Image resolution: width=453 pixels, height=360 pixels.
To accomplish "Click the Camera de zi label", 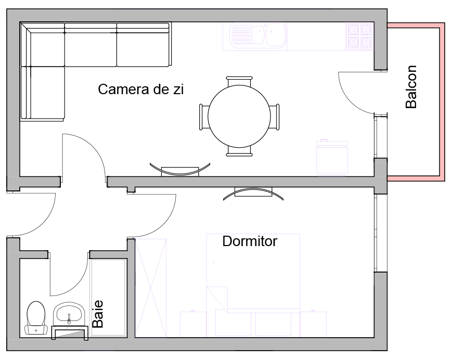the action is [x=141, y=89].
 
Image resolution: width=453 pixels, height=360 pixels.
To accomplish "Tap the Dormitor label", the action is [x=250, y=241].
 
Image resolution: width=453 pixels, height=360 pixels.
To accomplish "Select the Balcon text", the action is [x=411, y=87].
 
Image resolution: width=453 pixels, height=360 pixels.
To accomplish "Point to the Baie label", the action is [x=98, y=314].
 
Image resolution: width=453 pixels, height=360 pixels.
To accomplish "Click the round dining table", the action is [x=239, y=116].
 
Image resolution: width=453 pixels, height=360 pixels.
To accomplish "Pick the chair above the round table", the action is [x=239, y=81].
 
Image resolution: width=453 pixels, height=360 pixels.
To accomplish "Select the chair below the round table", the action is [x=239, y=151].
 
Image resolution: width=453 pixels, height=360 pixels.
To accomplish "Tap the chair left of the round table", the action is [x=204, y=117].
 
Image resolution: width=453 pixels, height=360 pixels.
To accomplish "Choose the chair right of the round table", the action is [x=275, y=117].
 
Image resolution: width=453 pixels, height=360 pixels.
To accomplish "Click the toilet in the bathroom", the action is [x=36, y=318].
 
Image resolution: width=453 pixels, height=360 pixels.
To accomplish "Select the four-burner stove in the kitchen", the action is [x=359, y=36].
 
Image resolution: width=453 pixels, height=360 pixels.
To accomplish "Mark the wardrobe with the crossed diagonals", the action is [x=151, y=288].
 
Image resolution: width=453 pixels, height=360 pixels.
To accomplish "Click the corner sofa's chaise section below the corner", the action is [x=43, y=93].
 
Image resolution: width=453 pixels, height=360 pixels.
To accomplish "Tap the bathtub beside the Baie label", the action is [x=108, y=298].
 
